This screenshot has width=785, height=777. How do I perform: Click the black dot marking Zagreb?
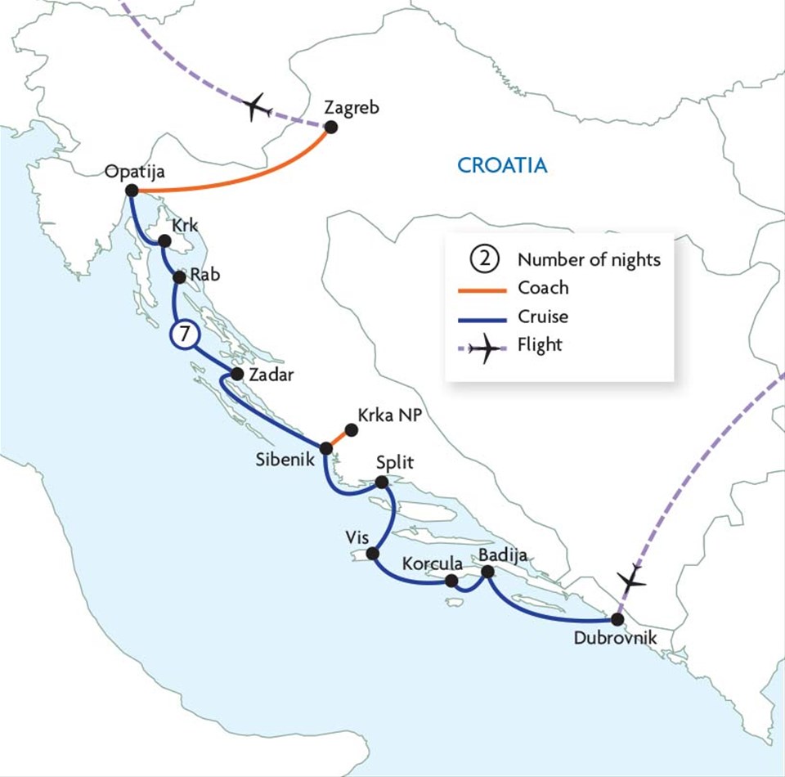[x=331, y=127]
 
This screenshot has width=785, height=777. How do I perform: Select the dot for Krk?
[x=164, y=241]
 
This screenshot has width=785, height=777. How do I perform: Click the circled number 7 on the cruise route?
[x=183, y=335]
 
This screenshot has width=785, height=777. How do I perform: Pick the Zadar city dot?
[x=237, y=374]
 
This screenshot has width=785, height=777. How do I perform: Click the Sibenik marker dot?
[x=325, y=448]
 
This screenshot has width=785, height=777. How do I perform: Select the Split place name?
[x=394, y=463]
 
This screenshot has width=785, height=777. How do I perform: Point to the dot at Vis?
[x=373, y=554]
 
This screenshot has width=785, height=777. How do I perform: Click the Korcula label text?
[x=433, y=564]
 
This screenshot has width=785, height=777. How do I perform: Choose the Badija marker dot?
[x=488, y=573]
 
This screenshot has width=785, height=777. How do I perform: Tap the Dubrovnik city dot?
[x=617, y=618]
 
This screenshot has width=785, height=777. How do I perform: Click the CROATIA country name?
[x=502, y=165]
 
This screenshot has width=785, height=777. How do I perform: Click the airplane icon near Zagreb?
[x=258, y=106]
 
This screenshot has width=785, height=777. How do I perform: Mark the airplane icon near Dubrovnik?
[x=631, y=580]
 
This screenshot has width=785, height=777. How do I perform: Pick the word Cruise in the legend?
[x=543, y=316]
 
